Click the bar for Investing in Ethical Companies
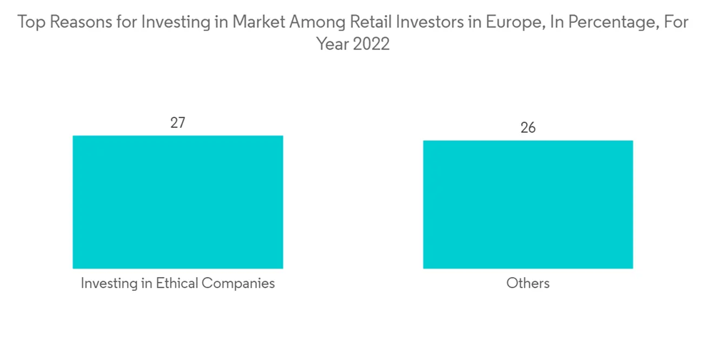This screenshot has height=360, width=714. (x=178, y=201)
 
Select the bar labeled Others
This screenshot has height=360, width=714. (x=528, y=204)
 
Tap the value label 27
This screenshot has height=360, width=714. (x=178, y=122)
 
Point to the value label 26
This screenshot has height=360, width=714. (x=528, y=128)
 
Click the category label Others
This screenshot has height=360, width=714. (x=528, y=284)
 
